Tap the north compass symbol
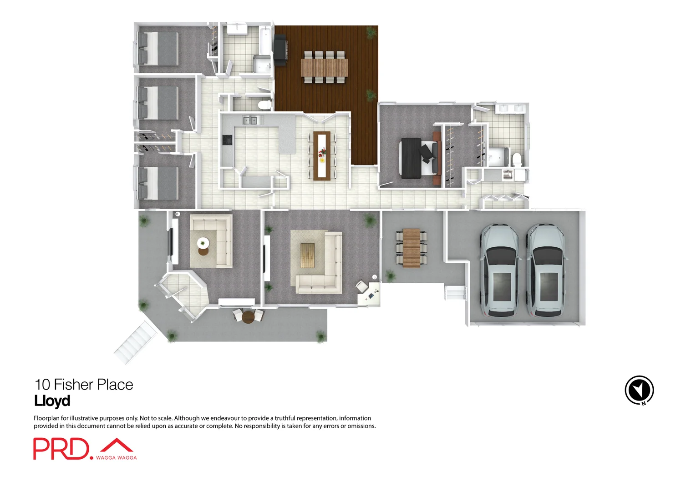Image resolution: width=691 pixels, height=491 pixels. (x=639, y=390)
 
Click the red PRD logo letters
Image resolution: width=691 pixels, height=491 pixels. (x=61, y=449)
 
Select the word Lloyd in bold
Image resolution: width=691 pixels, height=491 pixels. (x=52, y=401)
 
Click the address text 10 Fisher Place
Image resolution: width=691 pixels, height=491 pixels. (x=84, y=385)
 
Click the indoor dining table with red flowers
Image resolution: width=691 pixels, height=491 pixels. (x=322, y=155)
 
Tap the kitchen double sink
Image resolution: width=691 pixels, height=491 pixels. (x=250, y=120)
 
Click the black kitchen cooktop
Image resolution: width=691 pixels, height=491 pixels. (x=227, y=140)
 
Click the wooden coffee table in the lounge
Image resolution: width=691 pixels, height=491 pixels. (x=307, y=255)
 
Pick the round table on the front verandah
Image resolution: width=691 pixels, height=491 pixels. (x=248, y=316)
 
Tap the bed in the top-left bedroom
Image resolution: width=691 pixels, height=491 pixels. (x=158, y=48)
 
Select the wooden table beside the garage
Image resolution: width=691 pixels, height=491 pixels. (x=412, y=248)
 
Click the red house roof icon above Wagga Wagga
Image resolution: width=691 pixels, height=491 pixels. (x=117, y=446)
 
